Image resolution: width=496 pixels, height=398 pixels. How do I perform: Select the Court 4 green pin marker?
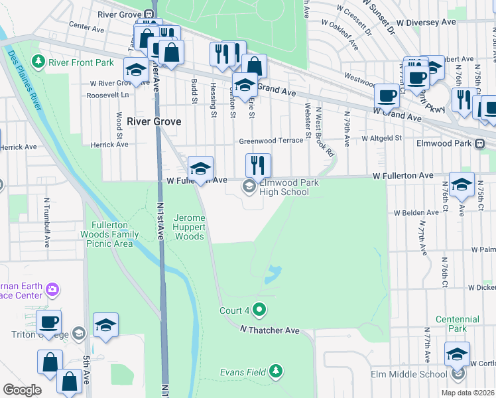pos(259,308)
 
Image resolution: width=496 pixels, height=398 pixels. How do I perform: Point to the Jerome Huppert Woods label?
pos(189,227)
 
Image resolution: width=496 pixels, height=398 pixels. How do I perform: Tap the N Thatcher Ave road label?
pos(270,330)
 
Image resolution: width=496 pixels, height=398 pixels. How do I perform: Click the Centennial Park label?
pos(458,324)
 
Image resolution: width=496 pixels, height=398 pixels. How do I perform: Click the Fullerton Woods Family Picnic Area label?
pos(110,233)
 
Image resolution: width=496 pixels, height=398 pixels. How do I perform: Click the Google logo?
pos(22,390)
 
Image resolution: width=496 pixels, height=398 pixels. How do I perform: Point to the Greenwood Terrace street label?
pos(265,141)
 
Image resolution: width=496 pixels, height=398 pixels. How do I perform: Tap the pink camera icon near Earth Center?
pos(52,289)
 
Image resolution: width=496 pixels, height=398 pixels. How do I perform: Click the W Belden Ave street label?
pos(416,213)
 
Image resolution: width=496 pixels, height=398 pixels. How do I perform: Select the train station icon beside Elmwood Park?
pos(487,143)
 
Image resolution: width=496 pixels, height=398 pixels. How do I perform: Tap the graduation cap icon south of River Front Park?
pos(136,70)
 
